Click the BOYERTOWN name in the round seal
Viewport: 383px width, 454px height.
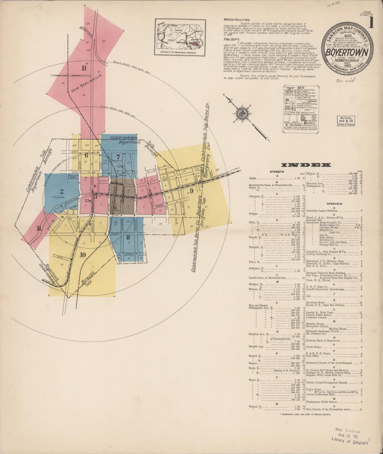[x=347, y=52]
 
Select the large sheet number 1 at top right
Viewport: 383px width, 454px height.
[x=371, y=23]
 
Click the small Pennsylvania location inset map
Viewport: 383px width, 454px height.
[x=180, y=37]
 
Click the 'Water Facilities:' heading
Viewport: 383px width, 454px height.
[x=236, y=20]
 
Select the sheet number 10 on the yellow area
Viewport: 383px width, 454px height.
[x=83, y=255]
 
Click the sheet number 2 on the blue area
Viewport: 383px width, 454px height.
[x=62, y=191]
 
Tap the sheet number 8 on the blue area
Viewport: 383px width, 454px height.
[x=128, y=237]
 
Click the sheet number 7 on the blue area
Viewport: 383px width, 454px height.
[x=118, y=157]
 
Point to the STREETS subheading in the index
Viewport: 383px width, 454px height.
[x=277, y=172]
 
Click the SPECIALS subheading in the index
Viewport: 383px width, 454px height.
[x=334, y=204]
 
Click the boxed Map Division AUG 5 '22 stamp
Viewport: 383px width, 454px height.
[x=346, y=121]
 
